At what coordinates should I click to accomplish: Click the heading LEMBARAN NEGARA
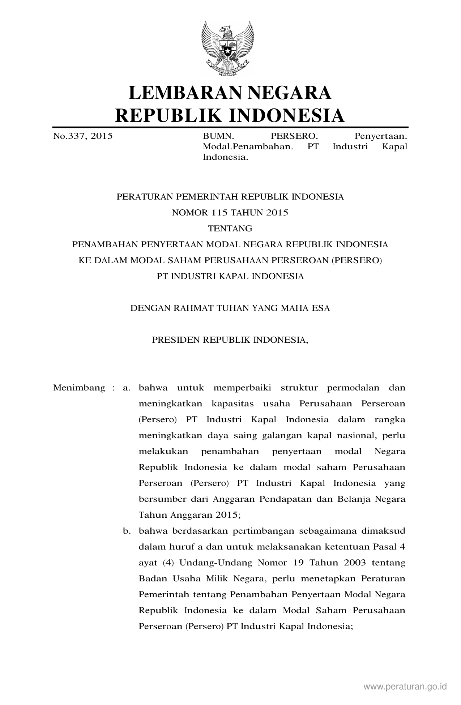[x=230, y=93]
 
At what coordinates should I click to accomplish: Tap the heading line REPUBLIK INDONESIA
[x=230, y=115]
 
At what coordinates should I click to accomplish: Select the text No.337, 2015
[x=83, y=136]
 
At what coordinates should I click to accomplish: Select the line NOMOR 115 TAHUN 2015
[x=230, y=213]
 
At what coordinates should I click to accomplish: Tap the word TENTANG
[x=230, y=228]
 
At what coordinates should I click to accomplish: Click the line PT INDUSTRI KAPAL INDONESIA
[x=230, y=276]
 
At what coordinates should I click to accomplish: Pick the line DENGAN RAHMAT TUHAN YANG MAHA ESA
[x=230, y=308]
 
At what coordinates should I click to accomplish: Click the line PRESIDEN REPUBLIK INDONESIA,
[x=230, y=340]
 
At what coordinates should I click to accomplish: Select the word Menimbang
[x=79, y=388]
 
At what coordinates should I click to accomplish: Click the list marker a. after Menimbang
[x=126, y=388]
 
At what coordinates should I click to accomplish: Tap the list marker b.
[x=126, y=531]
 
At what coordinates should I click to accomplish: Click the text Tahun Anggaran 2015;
[x=189, y=515]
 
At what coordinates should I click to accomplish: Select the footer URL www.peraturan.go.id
[x=405, y=686]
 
